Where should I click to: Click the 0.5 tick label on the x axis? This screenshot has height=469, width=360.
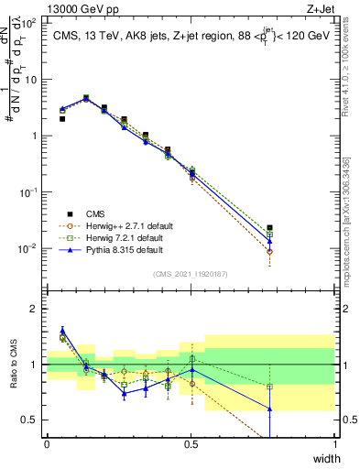191,444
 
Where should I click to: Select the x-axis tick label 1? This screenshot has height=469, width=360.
335,444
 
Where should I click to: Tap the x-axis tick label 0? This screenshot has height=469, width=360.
47,444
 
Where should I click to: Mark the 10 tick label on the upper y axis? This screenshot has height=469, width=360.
29,79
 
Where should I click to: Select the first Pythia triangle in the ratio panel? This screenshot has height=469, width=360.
62,331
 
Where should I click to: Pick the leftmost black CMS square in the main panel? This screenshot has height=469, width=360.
62,118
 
